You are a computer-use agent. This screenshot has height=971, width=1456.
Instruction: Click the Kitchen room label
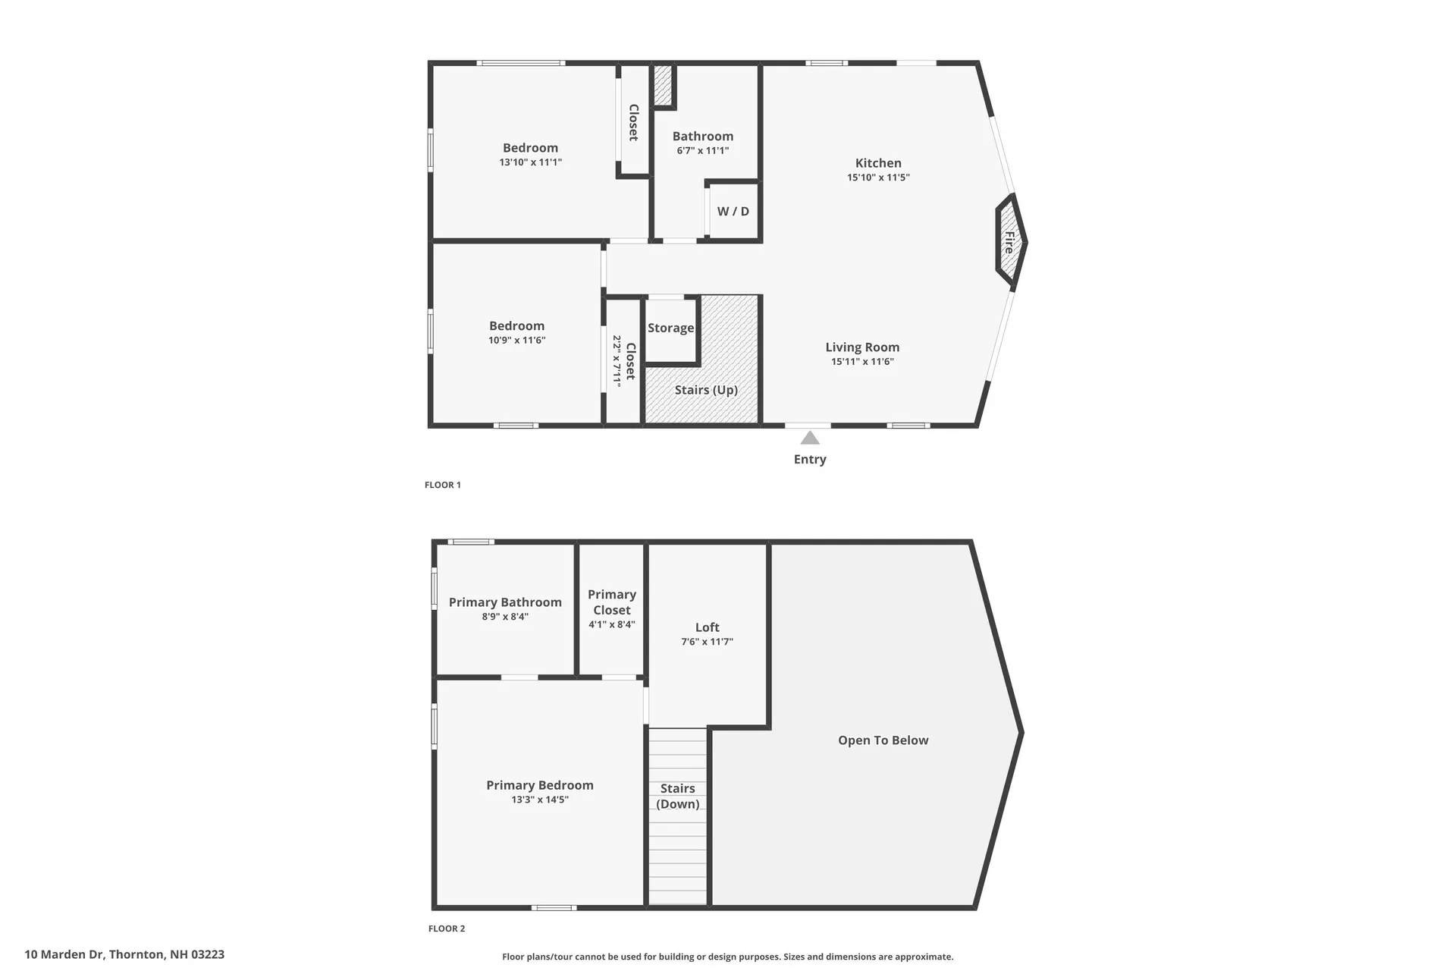tap(878, 163)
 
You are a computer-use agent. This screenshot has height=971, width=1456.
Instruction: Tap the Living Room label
tap(862, 347)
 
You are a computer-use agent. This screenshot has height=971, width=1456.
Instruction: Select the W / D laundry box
tap(733, 212)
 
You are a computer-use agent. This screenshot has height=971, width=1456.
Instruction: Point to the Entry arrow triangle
tap(810, 438)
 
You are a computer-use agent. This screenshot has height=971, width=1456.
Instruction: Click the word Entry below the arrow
tap(810, 459)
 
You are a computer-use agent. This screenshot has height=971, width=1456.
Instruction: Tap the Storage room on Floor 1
tap(670, 328)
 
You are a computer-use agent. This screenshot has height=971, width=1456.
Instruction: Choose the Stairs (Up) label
tap(706, 390)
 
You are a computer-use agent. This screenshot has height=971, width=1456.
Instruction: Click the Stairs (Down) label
tap(677, 797)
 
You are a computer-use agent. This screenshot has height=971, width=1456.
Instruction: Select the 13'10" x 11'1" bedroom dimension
tap(530, 162)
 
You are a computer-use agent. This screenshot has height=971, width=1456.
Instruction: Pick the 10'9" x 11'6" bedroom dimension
tap(516, 341)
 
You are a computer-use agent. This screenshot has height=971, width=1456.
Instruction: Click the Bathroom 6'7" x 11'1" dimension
tap(703, 151)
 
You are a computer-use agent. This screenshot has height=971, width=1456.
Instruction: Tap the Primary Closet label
tap(611, 602)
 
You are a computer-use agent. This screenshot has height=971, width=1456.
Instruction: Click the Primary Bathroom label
tap(505, 602)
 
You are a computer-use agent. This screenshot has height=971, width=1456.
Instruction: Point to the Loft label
tap(707, 627)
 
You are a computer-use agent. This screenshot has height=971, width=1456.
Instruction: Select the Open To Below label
tap(883, 740)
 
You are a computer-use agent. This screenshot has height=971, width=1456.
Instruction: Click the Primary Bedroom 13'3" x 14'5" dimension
tap(539, 800)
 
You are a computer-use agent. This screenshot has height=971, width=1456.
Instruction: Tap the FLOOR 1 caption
tap(443, 485)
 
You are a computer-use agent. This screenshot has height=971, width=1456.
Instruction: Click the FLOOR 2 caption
tap(447, 929)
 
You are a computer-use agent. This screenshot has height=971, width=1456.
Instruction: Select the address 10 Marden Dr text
tap(124, 954)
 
